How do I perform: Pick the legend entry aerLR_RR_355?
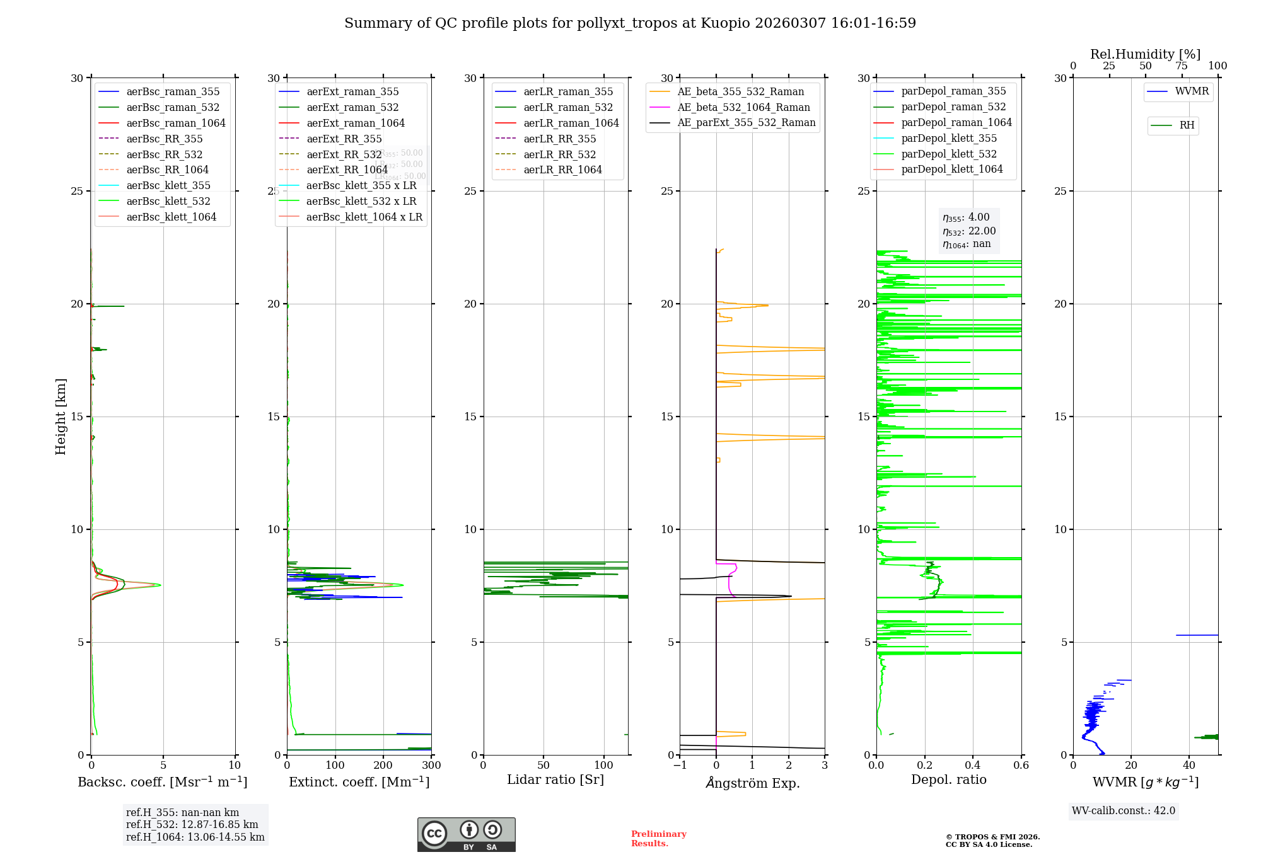tap(559, 139)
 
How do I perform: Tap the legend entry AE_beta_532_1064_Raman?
tap(743, 107)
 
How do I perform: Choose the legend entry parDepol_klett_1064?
tap(951, 169)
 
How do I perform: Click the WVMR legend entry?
tap(1191, 91)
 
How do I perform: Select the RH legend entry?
tap(1186, 125)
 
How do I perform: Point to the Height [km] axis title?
tap(61, 417)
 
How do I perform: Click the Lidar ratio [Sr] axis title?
tap(555, 779)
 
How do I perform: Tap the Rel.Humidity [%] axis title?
tap(1145, 54)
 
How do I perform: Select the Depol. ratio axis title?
tap(948, 779)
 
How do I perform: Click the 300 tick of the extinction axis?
tap(431, 766)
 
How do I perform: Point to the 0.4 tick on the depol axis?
tap(973, 766)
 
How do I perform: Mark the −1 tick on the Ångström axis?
tap(680, 766)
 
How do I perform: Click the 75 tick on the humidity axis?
tap(1182, 66)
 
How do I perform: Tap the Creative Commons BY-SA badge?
tap(466, 834)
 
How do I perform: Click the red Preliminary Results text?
tap(658, 838)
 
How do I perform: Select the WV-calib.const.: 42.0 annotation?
tap(1124, 810)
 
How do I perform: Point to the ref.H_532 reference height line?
tap(192, 824)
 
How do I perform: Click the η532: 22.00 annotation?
tap(969, 231)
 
